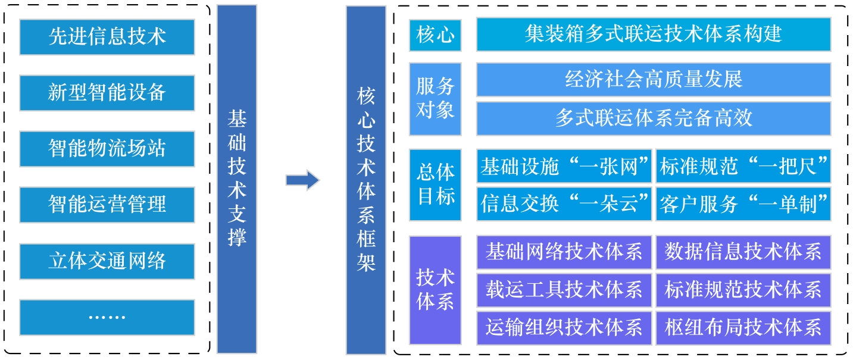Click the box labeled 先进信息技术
tap(107, 37)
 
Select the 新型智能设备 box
tap(107, 93)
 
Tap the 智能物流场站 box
tap(107, 149)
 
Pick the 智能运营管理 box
tap(107, 205)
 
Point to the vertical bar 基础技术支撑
tap(237, 179)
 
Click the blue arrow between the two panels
tap(302, 180)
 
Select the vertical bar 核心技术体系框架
tap(366, 179)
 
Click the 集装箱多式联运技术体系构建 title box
tap(653, 35)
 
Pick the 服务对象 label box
tap(435, 99)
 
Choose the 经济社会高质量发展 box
tap(653, 79)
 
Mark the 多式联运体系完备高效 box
tap(653, 118)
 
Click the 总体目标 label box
tap(435, 185)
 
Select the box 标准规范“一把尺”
tap(743, 168)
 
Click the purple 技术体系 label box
tap(435, 290)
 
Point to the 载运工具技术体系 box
tap(564, 290)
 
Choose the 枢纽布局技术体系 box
tap(743, 327)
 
